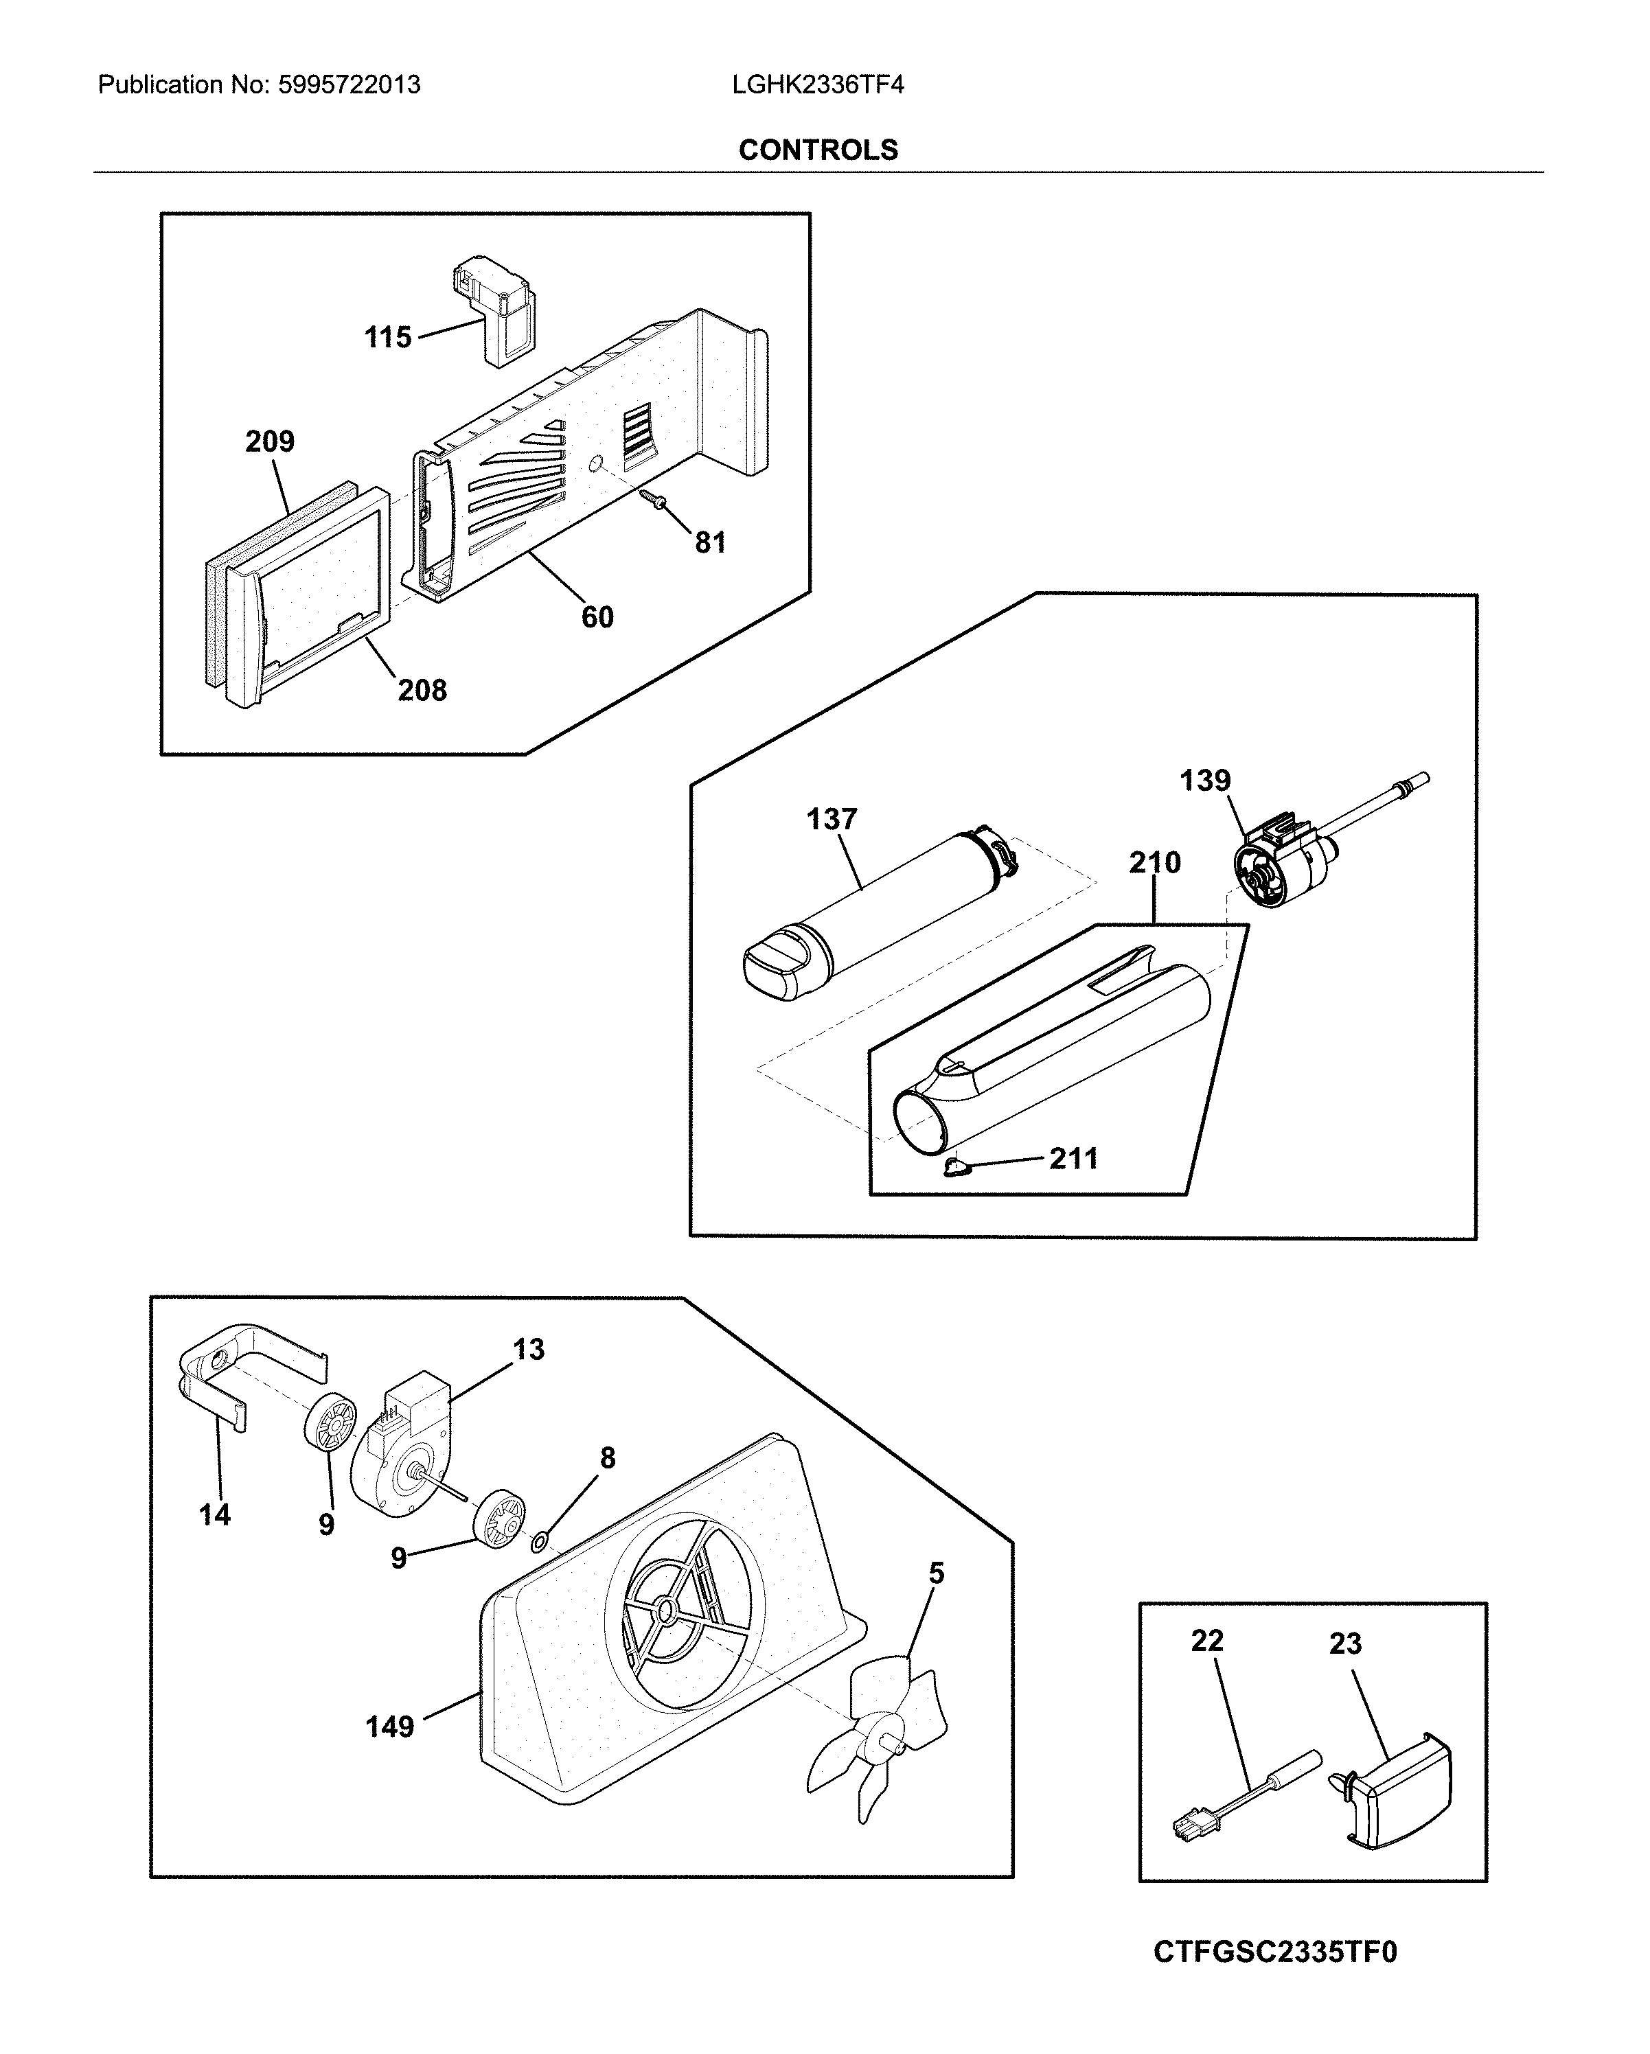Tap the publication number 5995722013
point(349,85)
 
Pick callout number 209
point(270,441)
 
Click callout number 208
point(422,690)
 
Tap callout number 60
point(597,617)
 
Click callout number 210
point(1155,862)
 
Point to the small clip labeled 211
point(956,1169)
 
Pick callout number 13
point(529,1349)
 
